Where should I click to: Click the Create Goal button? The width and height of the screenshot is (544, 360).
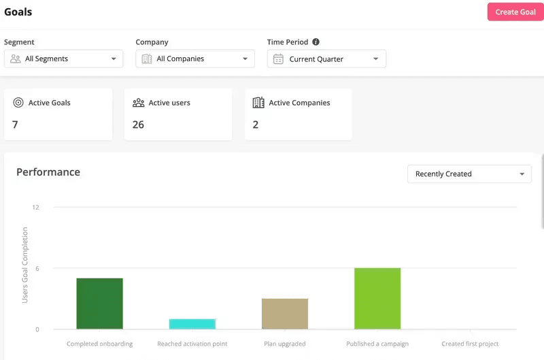pyautogui.click(x=515, y=12)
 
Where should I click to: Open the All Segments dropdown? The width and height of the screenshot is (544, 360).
pyautogui.click(x=64, y=59)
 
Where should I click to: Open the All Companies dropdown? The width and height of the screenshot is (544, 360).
pyautogui.click(x=195, y=59)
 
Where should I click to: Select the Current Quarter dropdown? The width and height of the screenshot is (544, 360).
pyautogui.click(x=326, y=59)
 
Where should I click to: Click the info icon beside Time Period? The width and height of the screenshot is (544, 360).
pyautogui.click(x=316, y=42)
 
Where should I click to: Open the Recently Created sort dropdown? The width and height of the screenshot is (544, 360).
pyautogui.click(x=469, y=174)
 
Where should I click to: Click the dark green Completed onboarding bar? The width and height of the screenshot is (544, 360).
pyautogui.click(x=99, y=304)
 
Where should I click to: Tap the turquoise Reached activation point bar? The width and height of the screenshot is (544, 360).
pyautogui.click(x=192, y=324)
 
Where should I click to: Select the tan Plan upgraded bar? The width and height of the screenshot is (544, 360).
pyautogui.click(x=285, y=314)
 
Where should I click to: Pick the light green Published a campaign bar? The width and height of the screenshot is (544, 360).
pyautogui.click(x=377, y=299)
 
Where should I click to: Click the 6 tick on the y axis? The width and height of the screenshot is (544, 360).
pyautogui.click(x=37, y=268)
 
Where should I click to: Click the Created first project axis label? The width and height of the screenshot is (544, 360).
pyautogui.click(x=470, y=344)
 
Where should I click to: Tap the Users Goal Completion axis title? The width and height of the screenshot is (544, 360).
pyautogui.click(x=25, y=265)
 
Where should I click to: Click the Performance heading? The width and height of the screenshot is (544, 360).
pyautogui.click(x=48, y=172)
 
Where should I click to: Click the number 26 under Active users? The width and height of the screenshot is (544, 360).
pyautogui.click(x=138, y=125)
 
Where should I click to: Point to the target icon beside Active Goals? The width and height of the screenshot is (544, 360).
pyautogui.click(x=18, y=103)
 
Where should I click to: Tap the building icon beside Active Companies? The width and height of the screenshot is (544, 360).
pyautogui.click(x=258, y=103)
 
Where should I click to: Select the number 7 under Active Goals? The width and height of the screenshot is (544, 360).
pyautogui.click(x=16, y=125)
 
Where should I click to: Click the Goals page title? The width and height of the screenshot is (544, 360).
pyautogui.click(x=18, y=12)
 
